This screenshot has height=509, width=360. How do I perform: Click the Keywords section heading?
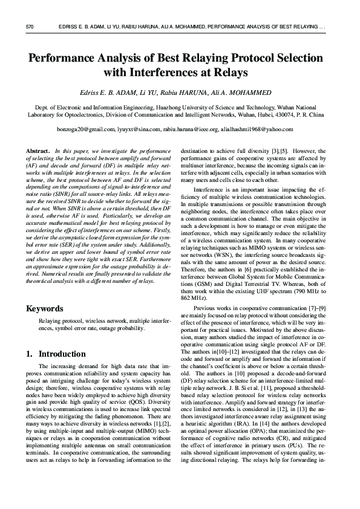coord(45,309)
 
